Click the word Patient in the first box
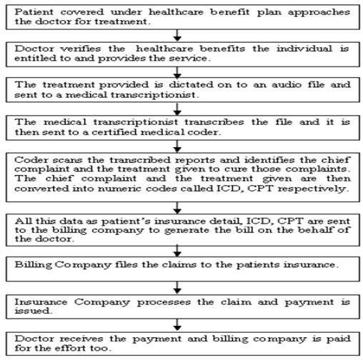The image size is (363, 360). click(34, 12)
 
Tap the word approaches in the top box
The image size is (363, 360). click(319, 13)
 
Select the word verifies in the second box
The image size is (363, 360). click(81, 49)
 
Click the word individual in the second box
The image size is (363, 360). click(304, 49)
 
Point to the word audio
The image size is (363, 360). click(287, 85)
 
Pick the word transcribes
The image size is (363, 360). click(214, 122)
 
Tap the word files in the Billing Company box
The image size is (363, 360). click(126, 264)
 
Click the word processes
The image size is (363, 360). click(164, 303)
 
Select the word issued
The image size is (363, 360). click(33, 311)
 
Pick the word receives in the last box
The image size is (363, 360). click(81, 339)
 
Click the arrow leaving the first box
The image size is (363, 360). click(177, 36)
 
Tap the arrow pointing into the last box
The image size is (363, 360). click(177, 325)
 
